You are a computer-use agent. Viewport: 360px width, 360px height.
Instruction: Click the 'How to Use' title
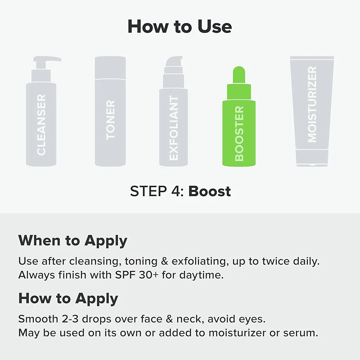click(180, 27)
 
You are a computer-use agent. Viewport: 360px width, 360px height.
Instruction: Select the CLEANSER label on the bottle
click(41, 125)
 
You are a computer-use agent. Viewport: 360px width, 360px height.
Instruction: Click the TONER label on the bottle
click(110, 120)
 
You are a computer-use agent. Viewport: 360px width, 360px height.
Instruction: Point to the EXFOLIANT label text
click(174, 128)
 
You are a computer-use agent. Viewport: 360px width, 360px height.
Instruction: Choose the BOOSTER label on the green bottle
click(239, 134)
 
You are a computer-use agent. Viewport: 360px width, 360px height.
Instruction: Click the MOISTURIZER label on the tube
click(312, 104)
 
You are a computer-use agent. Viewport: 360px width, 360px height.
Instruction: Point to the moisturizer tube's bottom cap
click(312, 159)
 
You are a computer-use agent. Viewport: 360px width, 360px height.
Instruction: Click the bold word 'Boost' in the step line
click(209, 191)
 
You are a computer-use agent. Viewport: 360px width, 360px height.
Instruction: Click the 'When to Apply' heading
click(72, 240)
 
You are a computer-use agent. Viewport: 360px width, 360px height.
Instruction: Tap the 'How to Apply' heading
click(68, 298)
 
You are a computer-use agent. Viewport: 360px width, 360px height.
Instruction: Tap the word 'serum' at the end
click(305, 333)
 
